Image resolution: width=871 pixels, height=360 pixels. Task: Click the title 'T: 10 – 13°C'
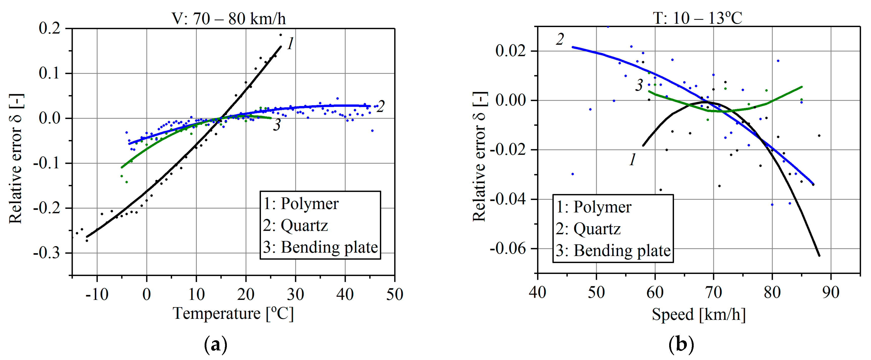(x=697, y=18)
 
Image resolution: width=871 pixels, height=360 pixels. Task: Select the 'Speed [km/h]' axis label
(x=698, y=314)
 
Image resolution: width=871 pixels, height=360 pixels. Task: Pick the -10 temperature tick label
(x=97, y=294)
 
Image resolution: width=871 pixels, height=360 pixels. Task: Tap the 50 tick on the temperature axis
(x=394, y=294)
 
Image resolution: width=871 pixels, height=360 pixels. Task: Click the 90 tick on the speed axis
(x=830, y=292)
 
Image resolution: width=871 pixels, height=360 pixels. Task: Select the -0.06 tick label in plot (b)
(x=508, y=248)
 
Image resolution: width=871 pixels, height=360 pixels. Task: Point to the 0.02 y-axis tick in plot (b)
(x=511, y=51)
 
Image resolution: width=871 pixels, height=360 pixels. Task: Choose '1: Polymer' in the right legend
(x=593, y=207)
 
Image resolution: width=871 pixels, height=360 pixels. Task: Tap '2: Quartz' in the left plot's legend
(x=295, y=225)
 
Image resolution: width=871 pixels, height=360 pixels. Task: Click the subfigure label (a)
(x=216, y=345)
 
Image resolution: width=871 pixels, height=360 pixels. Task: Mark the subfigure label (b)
(x=681, y=345)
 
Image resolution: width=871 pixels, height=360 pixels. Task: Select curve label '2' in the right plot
(x=560, y=40)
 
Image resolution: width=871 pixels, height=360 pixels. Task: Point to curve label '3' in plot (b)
(x=639, y=85)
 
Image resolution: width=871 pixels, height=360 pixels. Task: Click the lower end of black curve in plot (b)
(x=819, y=255)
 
